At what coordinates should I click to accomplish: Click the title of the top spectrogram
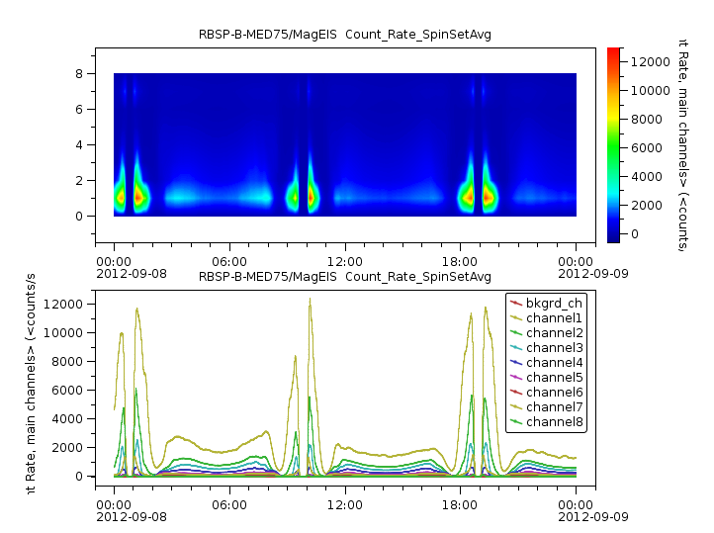click(x=345, y=35)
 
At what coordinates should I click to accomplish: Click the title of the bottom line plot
click(x=345, y=277)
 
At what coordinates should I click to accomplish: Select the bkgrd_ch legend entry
click(x=554, y=302)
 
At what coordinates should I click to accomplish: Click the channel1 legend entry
click(x=554, y=317)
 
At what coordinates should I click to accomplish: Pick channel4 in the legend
click(x=554, y=362)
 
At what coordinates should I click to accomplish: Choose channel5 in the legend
click(x=554, y=377)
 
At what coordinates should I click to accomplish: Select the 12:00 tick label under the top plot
click(x=345, y=260)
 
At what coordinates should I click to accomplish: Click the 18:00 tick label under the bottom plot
click(x=461, y=502)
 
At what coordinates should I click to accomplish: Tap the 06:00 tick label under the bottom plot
click(x=229, y=502)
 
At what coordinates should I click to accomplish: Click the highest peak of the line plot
click(x=310, y=299)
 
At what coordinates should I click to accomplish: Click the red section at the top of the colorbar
click(x=614, y=53)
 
